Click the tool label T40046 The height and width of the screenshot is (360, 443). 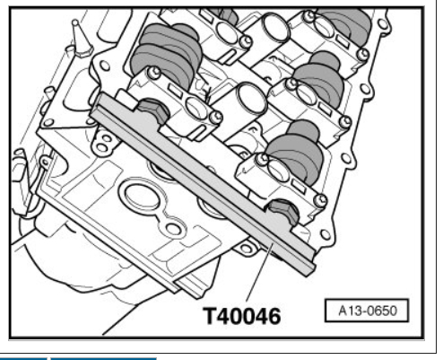pyautogui.click(x=242, y=316)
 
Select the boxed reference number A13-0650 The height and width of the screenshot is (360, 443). pyautogui.click(x=367, y=311)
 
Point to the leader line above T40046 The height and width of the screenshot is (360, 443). pyautogui.click(x=259, y=272)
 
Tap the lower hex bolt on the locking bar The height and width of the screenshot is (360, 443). pyautogui.click(x=283, y=211)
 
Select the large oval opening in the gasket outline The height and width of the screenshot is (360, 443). pyautogui.click(x=142, y=197)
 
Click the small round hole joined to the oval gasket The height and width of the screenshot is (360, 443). pyautogui.click(x=173, y=229)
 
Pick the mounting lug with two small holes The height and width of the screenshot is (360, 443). pyautogui.click(x=103, y=142)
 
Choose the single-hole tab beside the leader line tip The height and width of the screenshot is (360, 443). pyautogui.click(x=246, y=248)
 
